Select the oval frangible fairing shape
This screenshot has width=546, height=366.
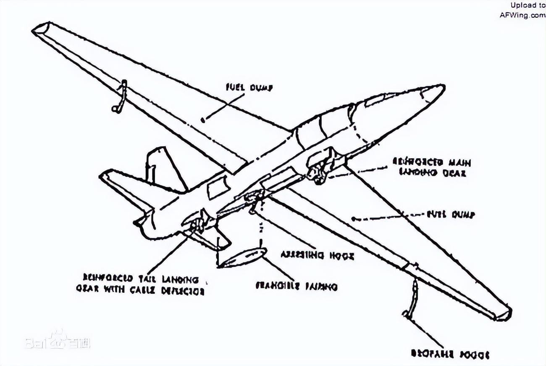click(x=243, y=257)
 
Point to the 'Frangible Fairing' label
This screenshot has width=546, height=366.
click(x=297, y=286)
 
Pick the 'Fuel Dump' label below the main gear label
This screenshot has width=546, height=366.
click(x=450, y=215)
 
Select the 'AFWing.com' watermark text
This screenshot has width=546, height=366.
click(x=522, y=15)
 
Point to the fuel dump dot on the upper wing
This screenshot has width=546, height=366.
click(x=203, y=120)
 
